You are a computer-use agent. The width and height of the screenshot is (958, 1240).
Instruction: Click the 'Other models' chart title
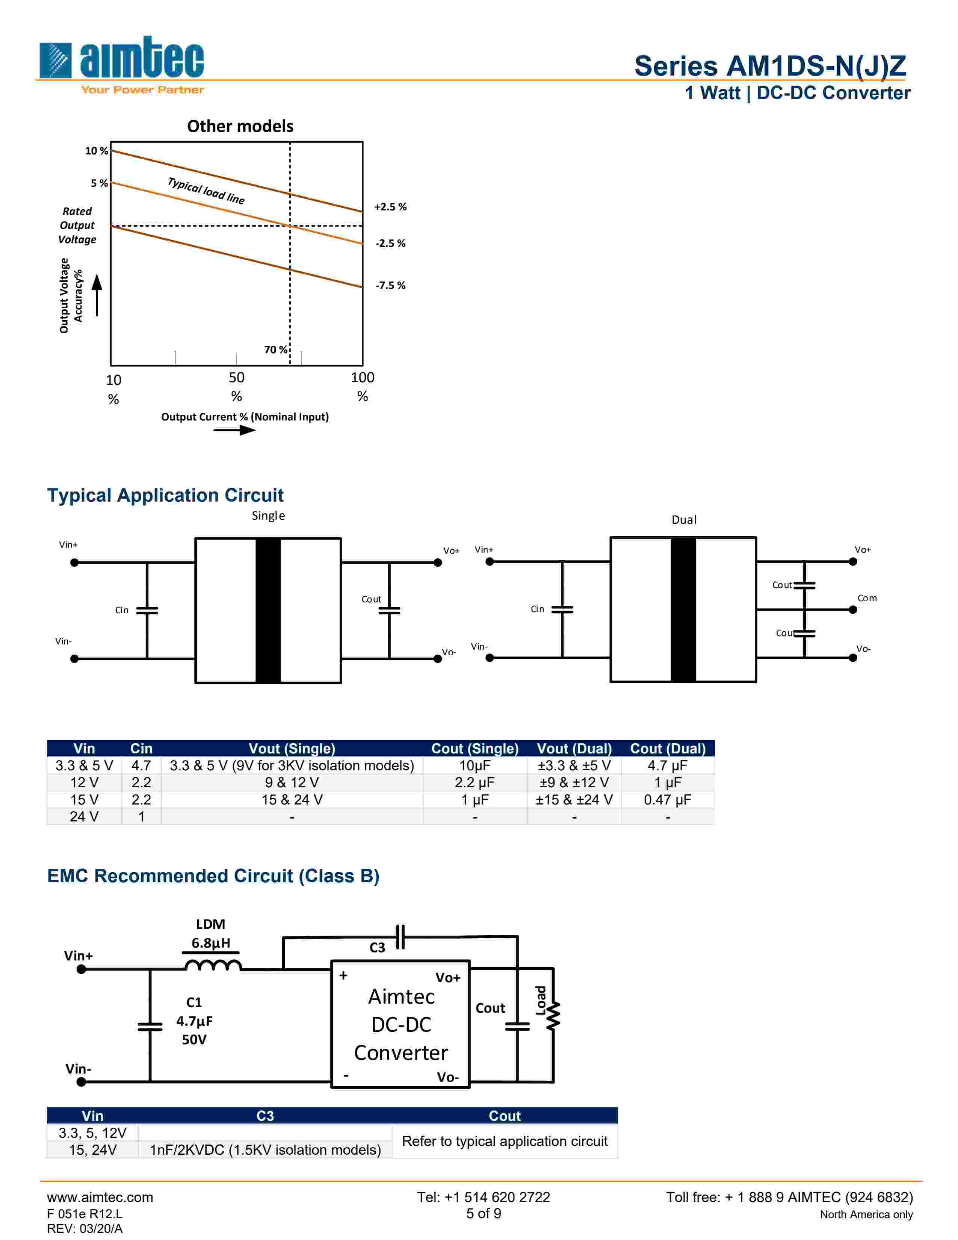(240, 126)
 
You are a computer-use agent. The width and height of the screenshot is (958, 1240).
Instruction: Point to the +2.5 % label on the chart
(390, 207)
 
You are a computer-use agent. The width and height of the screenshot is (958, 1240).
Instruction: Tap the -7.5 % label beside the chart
(390, 285)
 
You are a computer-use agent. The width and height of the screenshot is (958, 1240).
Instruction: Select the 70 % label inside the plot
(275, 349)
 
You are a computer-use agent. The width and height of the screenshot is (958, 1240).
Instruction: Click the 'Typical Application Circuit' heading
(165, 495)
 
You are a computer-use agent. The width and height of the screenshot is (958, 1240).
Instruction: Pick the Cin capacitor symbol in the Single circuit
(147, 610)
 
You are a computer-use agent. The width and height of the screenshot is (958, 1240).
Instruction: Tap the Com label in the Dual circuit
(867, 598)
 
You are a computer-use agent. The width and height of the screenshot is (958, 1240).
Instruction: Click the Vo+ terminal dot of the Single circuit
(438, 563)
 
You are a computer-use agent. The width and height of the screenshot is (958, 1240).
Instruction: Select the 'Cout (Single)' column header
(474, 748)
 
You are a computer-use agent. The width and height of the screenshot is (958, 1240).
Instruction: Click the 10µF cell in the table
(474, 765)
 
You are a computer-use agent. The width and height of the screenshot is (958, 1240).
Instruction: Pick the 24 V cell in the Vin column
(84, 817)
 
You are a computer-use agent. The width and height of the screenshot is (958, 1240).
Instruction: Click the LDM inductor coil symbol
(213, 965)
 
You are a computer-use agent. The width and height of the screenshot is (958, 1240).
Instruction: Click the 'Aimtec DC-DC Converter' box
(401, 1024)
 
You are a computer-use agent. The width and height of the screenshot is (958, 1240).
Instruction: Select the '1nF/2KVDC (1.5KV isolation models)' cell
(265, 1150)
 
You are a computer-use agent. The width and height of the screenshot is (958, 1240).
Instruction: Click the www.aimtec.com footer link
(100, 1198)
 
